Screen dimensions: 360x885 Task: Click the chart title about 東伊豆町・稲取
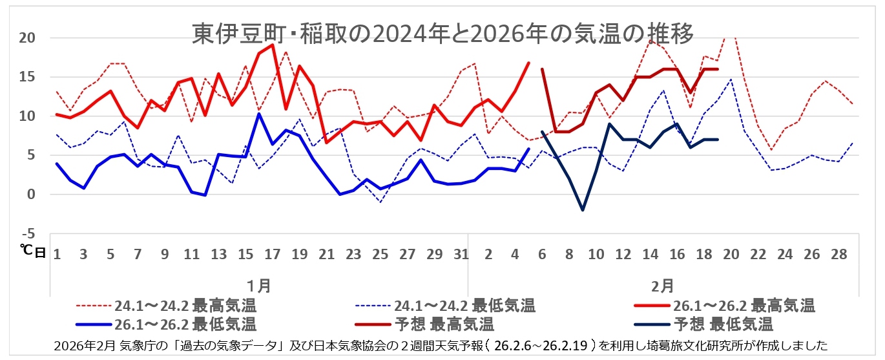[443, 34]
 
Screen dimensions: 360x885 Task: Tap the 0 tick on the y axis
[30, 195]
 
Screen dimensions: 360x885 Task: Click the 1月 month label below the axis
[259, 284]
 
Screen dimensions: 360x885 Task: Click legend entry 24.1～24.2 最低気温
[465, 305]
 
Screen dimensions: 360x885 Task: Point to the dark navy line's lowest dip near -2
[583, 210]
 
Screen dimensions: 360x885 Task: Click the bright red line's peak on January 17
[273, 45]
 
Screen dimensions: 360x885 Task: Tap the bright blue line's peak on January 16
[259, 114]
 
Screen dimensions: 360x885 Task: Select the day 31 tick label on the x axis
[460, 254]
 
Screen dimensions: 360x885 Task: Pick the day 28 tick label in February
[838, 254]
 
